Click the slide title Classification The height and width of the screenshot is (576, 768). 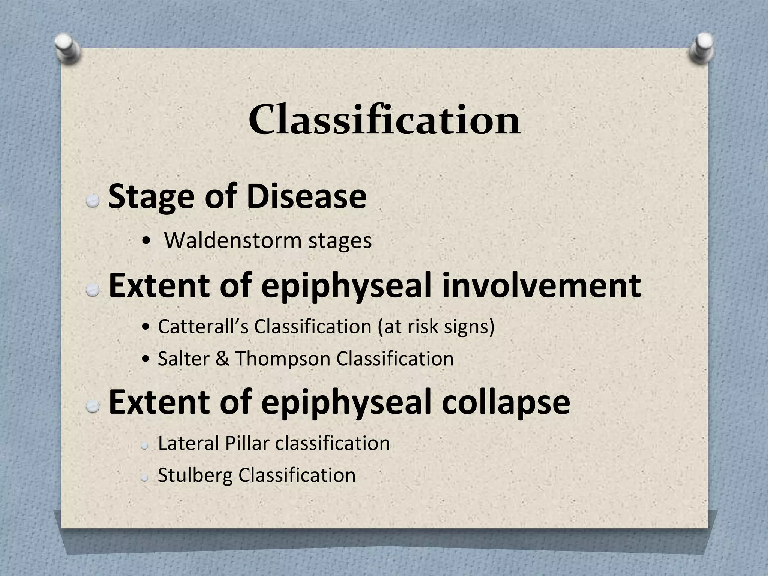[384, 120]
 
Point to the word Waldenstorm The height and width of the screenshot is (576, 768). [232, 240]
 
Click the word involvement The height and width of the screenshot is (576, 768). [540, 286]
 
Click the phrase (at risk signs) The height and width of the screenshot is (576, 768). [436, 326]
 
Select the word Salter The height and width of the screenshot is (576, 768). [183, 358]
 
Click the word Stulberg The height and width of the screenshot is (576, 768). [195, 475]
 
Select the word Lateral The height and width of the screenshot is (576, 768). [189, 443]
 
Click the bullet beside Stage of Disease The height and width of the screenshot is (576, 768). [92, 201]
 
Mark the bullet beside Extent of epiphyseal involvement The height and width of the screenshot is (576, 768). [92, 289]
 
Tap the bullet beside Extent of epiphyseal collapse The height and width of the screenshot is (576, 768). [92, 406]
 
